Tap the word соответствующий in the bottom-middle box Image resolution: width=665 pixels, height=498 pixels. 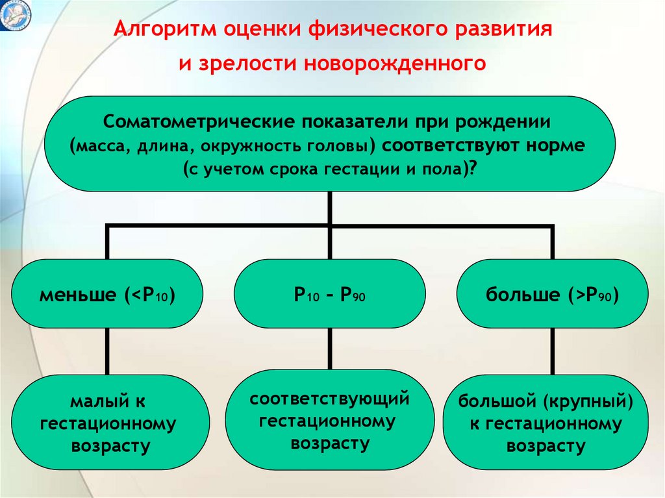click(330, 398)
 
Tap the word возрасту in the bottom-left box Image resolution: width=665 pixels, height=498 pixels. click(108, 447)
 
